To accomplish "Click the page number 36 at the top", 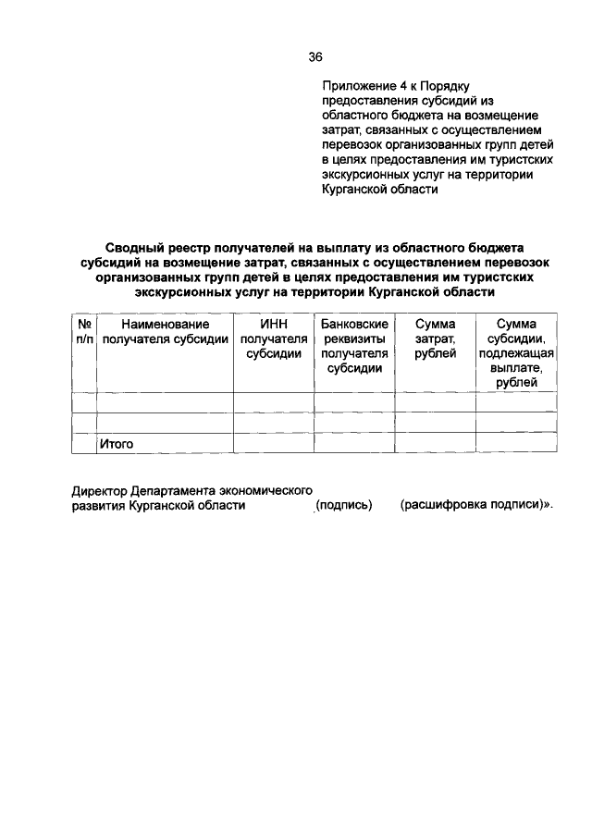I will [x=314, y=56].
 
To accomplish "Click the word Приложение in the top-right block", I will [x=355, y=88].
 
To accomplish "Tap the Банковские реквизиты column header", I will [x=354, y=345].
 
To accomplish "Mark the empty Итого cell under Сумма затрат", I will [x=435, y=444].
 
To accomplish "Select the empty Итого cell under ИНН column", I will [x=274, y=444].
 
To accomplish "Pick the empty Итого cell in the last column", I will [x=516, y=444].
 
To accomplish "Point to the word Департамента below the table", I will [x=175, y=490].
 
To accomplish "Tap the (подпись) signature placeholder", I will [x=343, y=506].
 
